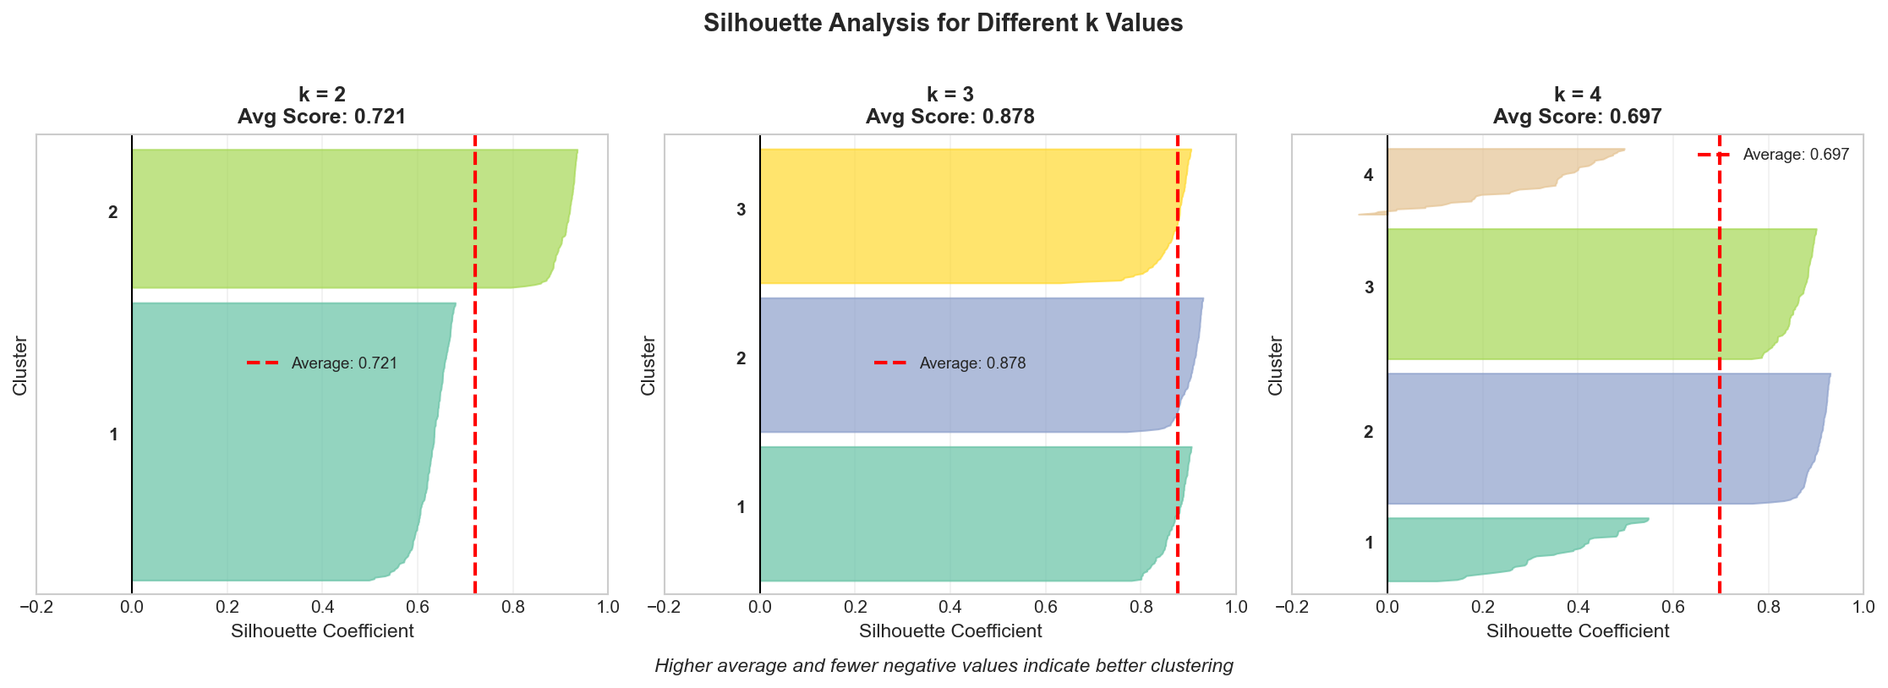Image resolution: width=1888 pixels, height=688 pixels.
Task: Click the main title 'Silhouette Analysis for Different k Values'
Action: [943, 23]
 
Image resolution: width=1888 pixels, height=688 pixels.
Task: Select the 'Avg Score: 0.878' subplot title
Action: [949, 117]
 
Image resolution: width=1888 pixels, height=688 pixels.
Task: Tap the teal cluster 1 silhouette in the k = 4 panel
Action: [1454, 554]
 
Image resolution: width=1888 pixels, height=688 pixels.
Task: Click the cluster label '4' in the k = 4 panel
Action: [1368, 175]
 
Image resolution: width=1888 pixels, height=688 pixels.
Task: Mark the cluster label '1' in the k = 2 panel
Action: [113, 435]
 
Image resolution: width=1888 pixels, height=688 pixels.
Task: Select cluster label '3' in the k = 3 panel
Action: [741, 210]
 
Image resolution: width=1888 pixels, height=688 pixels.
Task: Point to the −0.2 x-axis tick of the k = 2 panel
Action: [36, 607]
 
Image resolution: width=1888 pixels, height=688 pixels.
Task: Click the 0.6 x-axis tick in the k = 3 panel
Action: [1045, 607]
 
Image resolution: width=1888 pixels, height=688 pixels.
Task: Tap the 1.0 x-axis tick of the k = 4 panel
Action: [1863, 607]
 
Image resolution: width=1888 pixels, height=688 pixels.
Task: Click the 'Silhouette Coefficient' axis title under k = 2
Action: [322, 631]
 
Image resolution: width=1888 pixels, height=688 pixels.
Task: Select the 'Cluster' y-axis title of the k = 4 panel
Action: [1276, 365]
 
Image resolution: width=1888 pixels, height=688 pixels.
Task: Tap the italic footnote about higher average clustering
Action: [944, 666]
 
